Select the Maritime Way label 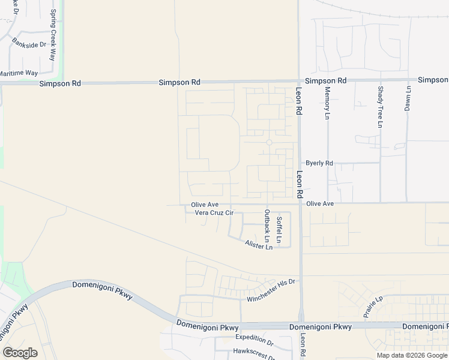[x=18, y=73]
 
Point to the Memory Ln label [x=328, y=103]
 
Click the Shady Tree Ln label [x=380, y=107]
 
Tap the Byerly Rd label [x=319, y=163]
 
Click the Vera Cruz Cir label [x=209, y=213]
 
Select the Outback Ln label [x=267, y=226]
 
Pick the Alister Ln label [x=259, y=245]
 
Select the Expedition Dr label [x=255, y=340]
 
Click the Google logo [x=20, y=353]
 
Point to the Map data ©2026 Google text [x=412, y=355]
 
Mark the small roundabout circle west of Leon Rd [x=269, y=142]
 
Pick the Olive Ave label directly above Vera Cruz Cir [x=205, y=205]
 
